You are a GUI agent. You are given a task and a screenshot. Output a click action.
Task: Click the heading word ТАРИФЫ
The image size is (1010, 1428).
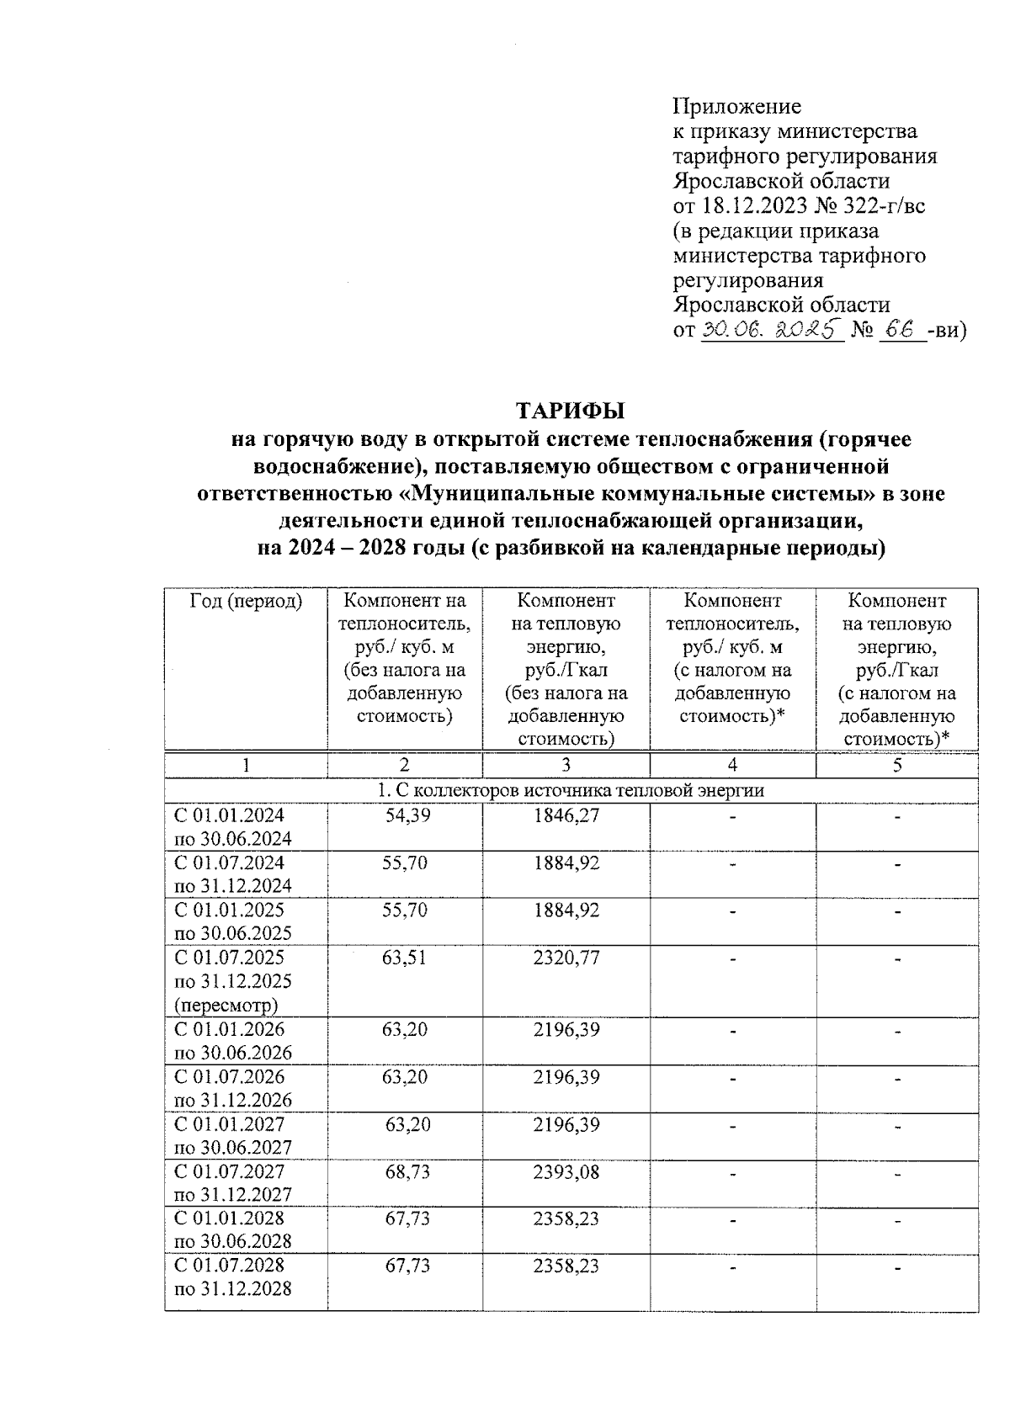[x=571, y=411]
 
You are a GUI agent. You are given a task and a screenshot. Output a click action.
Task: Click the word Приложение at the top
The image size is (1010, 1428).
[x=736, y=107]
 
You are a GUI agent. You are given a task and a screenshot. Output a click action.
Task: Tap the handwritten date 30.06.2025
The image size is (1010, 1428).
[x=771, y=330]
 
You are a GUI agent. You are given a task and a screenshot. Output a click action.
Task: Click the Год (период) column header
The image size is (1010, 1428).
[x=246, y=601]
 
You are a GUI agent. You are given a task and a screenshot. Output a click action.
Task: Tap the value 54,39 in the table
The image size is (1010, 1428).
[x=407, y=815]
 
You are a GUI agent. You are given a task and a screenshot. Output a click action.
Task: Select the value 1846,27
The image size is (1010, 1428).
[x=566, y=815]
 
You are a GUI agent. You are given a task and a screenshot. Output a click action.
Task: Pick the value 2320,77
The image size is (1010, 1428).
[x=566, y=957]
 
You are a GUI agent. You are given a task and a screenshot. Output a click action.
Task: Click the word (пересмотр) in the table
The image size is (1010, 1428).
[x=226, y=1005]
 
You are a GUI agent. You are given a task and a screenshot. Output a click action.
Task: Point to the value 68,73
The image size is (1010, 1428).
[x=407, y=1171]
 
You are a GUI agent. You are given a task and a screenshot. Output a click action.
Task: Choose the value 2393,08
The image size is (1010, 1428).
[x=566, y=1171]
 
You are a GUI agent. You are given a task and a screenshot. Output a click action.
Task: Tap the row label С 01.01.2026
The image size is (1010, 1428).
[x=229, y=1029]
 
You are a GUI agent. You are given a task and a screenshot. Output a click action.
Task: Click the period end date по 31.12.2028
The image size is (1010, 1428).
[x=232, y=1288]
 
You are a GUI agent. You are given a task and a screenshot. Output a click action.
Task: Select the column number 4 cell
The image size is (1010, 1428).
[x=732, y=765]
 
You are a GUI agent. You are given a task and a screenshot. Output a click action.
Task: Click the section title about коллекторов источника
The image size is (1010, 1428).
[x=571, y=790]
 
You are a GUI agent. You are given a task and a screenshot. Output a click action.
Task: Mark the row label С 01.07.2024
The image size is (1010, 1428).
[x=229, y=863]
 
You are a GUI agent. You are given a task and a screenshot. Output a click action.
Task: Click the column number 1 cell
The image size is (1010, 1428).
[x=246, y=765]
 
